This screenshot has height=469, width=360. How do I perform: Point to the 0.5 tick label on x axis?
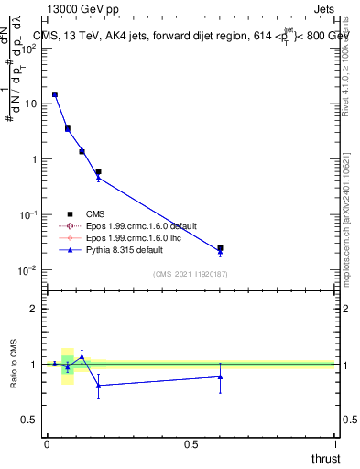point(191,443)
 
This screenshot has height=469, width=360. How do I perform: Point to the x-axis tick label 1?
point(335,443)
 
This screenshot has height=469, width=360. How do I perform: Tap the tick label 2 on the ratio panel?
point(33,309)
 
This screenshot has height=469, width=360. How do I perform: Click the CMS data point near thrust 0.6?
point(220,248)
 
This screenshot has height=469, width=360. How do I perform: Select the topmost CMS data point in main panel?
point(55,94)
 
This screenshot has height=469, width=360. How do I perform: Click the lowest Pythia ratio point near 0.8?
point(98,386)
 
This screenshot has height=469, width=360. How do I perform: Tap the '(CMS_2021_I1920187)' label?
point(190,274)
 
